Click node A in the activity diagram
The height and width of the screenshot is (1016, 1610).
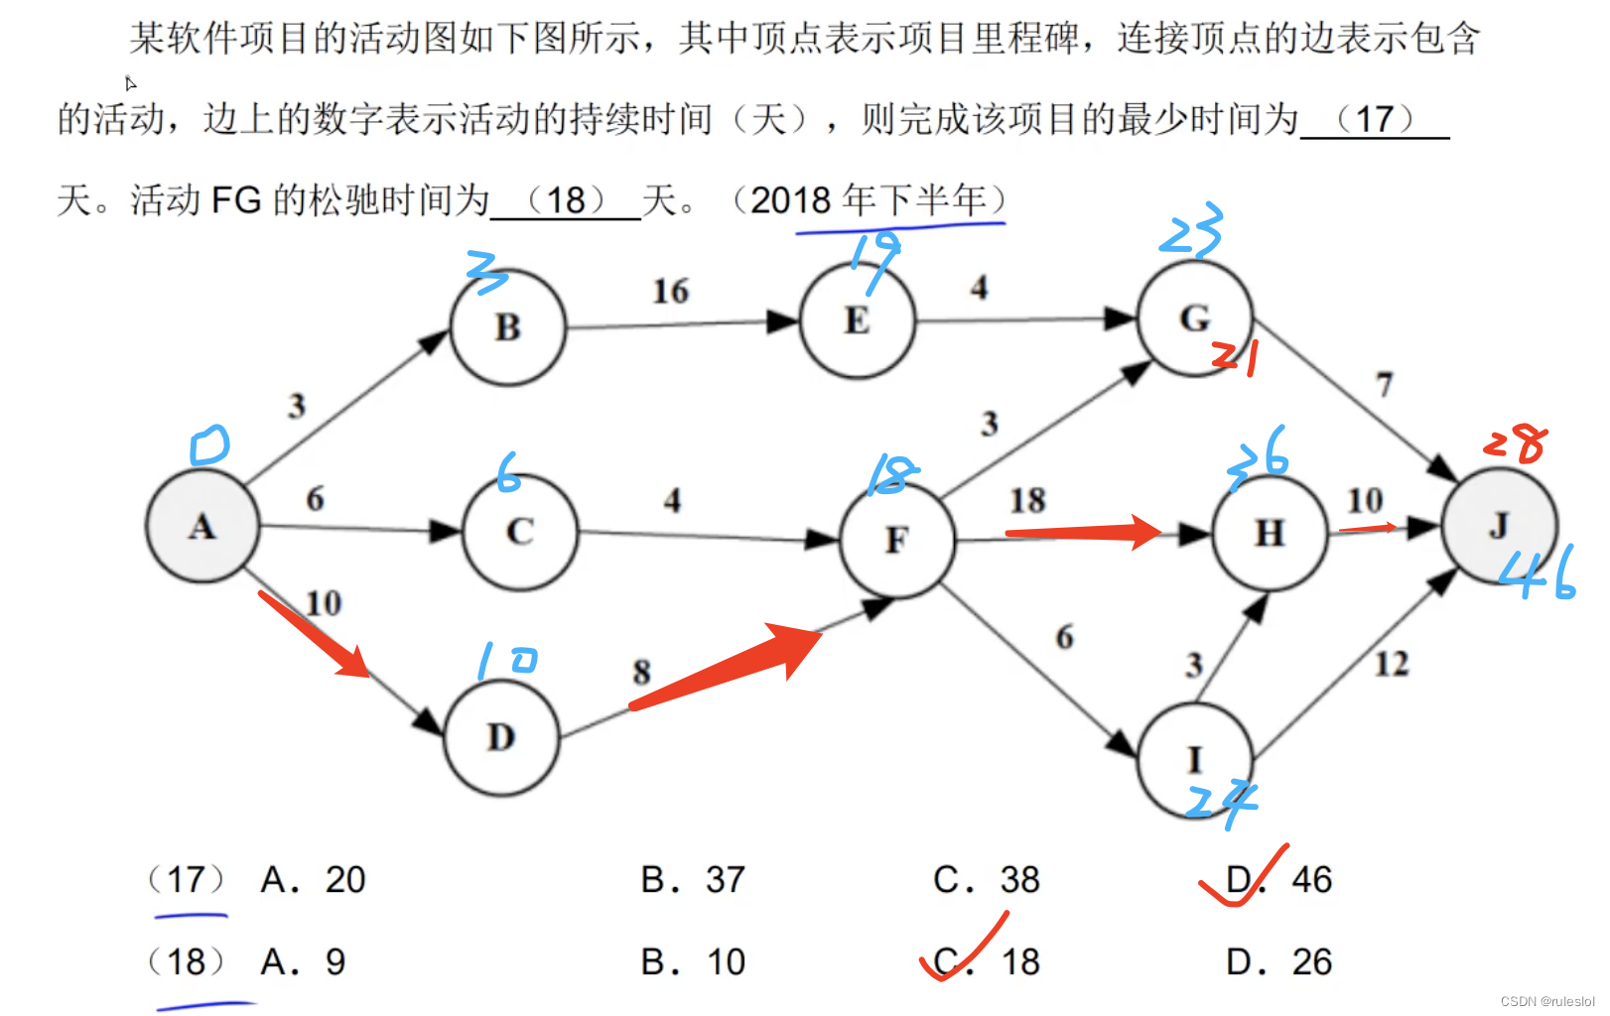(x=202, y=526)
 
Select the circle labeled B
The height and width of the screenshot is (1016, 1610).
(x=508, y=327)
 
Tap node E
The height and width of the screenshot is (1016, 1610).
(x=857, y=321)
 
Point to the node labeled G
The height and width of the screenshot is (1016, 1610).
(x=1194, y=318)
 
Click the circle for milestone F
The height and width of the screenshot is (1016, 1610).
(x=896, y=540)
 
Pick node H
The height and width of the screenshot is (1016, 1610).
(x=1270, y=533)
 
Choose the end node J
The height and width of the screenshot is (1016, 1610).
(x=1499, y=526)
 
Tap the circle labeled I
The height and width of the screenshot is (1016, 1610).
(x=1194, y=760)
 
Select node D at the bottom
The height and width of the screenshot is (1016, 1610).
(x=501, y=738)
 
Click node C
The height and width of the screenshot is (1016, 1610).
(x=520, y=532)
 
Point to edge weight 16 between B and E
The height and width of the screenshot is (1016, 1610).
(x=670, y=292)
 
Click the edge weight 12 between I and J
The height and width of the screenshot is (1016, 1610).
(x=1391, y=664)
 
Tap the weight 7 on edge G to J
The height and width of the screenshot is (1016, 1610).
(x=1385, y=385)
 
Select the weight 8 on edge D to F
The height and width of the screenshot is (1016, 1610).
(x=642, y=673)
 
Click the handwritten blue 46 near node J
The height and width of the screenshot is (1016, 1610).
(x=1537, y=573)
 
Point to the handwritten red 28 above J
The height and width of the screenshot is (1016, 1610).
(x=1516, y=443)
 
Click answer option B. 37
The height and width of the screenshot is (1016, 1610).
(x=692, y=880)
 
